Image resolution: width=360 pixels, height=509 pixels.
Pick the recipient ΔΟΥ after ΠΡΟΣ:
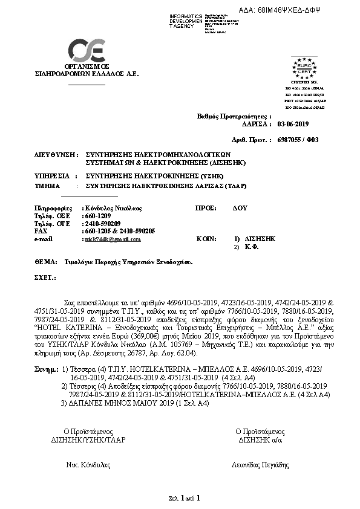[x=240, y=207]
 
